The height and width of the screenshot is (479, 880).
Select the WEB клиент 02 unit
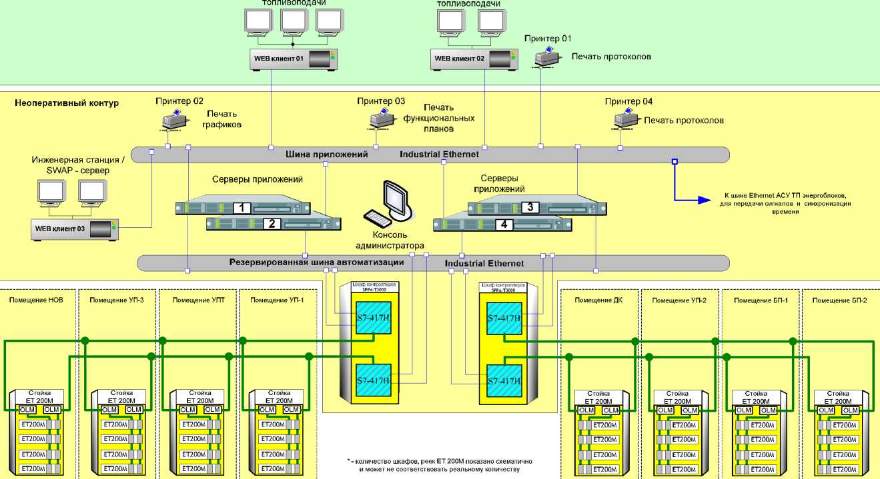(x=473, y=59)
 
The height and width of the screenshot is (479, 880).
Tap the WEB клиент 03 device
(x=73, y=229)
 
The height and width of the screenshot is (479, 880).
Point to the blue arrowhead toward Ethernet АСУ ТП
(x=703, y=199)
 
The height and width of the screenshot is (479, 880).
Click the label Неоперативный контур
(x=66, y=103)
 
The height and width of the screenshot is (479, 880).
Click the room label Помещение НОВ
(x=37, y=300)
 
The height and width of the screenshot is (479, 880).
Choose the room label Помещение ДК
(x=598, y=300)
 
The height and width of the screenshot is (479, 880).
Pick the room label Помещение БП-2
(x=839, y=300)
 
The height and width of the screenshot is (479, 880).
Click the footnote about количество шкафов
(x=439, y=465)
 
